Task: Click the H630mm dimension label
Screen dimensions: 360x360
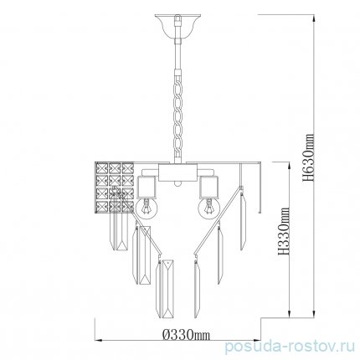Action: [x=308, y=158]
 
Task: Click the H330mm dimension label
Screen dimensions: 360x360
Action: [x=284, y=231]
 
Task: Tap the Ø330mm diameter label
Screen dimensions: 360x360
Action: [x=186, y=334]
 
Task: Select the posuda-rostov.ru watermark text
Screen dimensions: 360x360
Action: [x=290, y=347]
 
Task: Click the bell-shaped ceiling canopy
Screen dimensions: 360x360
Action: [x=177, y=26]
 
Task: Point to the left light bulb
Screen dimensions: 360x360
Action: [x=147, y=207]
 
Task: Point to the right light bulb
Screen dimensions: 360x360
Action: [x=209, y=207]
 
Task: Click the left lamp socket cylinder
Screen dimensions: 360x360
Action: [x=146, y=188]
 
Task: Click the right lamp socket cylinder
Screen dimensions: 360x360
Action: [x=208, y=188]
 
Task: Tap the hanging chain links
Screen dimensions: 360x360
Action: [x=177, y=117]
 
